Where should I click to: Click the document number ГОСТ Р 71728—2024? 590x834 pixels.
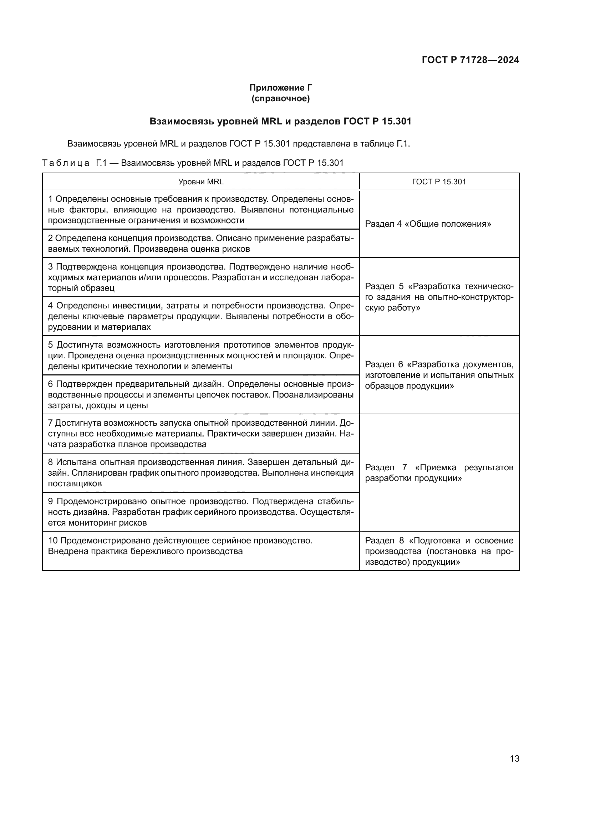(470, 60)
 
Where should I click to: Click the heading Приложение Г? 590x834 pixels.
(280, 88)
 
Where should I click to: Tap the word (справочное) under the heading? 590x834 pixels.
(280, 98)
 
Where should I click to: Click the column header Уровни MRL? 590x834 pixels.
(200, 181)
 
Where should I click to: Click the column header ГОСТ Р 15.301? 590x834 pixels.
(439, 181)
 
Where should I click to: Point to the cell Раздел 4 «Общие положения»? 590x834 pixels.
(428, 224)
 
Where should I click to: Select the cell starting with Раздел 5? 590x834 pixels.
(439, 297)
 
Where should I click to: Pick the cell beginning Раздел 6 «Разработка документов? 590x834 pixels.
(439, 375)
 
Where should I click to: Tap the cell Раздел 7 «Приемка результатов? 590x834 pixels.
(439, 472)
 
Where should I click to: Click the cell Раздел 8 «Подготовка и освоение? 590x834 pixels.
(439, 551)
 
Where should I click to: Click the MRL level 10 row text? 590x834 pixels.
(180, 546)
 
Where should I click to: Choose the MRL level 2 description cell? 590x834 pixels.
(200, 244)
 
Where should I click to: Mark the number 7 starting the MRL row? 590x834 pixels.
(51, 423)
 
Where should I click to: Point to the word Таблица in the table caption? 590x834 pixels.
(66, 163)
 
